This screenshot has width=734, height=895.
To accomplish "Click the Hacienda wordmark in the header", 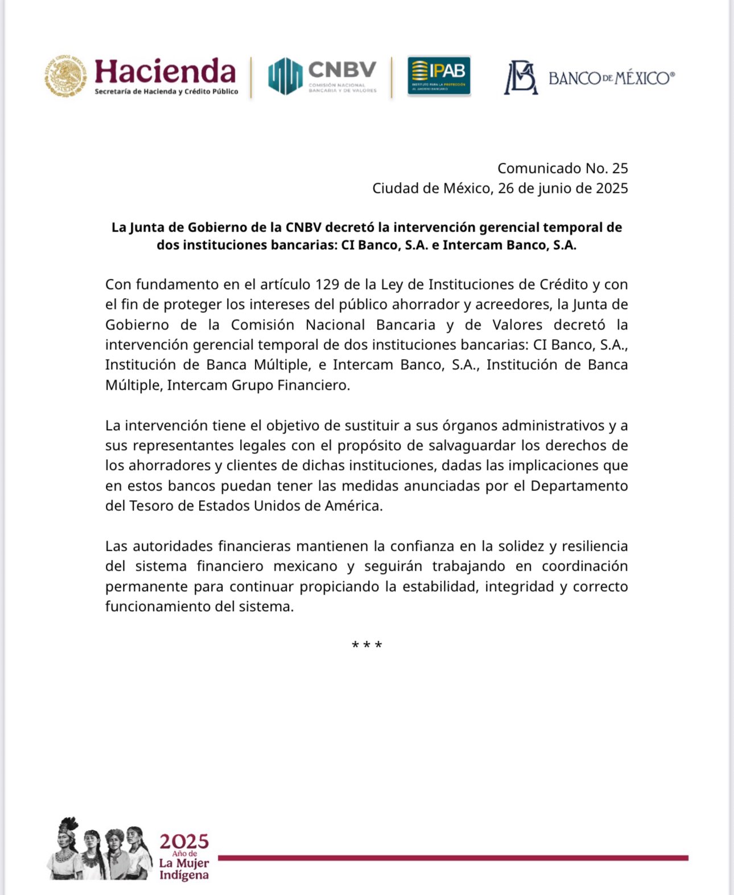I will tap(165, 72).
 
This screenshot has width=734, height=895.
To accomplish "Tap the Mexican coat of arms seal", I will tap(66, 76).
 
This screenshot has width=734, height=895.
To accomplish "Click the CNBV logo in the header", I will tap(323, 76).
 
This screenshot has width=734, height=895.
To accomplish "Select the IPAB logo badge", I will tap(439, 76).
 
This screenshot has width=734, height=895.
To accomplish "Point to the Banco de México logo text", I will tap(611, 78).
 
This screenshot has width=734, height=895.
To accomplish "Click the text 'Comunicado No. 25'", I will tap(562, 168).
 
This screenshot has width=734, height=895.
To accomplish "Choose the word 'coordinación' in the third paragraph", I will tap(584, 566).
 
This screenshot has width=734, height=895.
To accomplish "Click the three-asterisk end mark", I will tap(367, 645).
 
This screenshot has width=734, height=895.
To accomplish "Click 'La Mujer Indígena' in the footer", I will tap(184, 869).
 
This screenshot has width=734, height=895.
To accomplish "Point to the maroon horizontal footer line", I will tap(452, 857).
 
